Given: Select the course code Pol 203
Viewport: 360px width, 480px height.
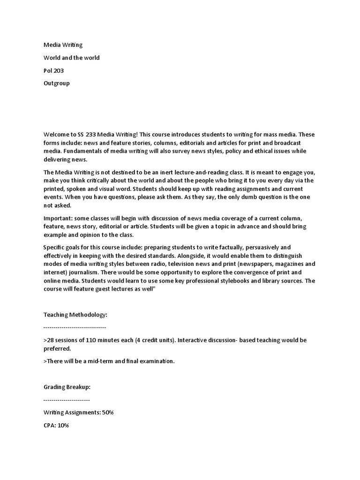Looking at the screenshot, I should click(x=54, y=70).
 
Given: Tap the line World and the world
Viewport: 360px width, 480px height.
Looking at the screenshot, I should click(x=71, y=58).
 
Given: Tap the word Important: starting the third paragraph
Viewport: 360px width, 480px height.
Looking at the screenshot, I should click(x=60, y=218).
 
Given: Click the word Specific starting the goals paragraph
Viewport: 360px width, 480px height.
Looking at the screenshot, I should click(x=55, y=247).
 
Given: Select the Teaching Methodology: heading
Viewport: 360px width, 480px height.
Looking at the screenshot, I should click(x=75, y=315).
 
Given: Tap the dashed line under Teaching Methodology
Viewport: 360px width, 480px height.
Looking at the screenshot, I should click(x=75, y=327).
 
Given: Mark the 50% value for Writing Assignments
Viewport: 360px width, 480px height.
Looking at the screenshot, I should click(x=106, y=412).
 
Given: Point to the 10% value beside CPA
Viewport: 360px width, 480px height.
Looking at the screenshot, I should click(x=63, y=425).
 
